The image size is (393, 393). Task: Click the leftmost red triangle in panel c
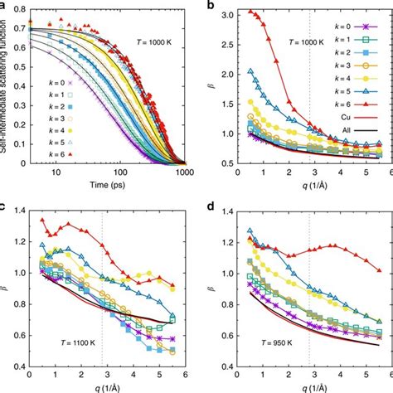43,220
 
